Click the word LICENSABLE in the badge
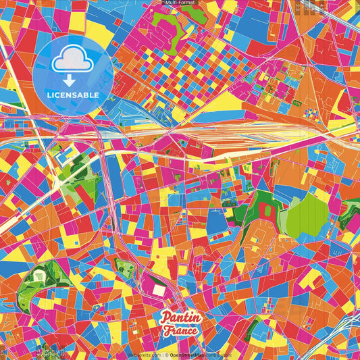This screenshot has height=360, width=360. [74, 95]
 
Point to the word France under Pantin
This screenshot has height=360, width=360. [180, 330]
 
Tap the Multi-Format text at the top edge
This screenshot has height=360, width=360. [180, 3]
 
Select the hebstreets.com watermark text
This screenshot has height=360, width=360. [144, 355]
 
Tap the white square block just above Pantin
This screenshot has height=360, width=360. [159, 290]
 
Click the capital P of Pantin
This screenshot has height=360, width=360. [165, 317]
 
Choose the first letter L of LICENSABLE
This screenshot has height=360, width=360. [50, 95]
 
